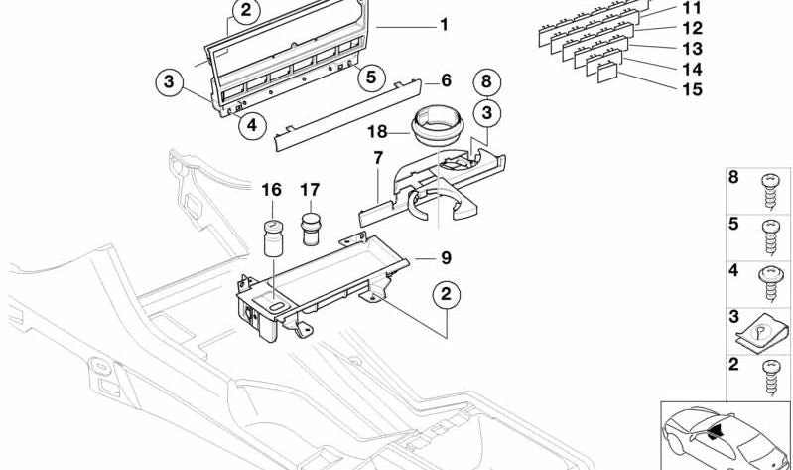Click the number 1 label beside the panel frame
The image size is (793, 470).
(444, 24)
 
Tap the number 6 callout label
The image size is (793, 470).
(446, 79)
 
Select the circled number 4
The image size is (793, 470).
(252, 124)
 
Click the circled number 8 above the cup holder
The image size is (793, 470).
(485, 79)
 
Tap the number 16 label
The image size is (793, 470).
(272, 189)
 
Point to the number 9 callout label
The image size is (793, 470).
(446, 258)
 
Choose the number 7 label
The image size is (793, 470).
(378, 158)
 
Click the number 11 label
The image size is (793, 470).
(691, 8)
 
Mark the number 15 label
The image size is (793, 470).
(691, 89)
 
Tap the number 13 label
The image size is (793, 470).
(691, 48)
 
